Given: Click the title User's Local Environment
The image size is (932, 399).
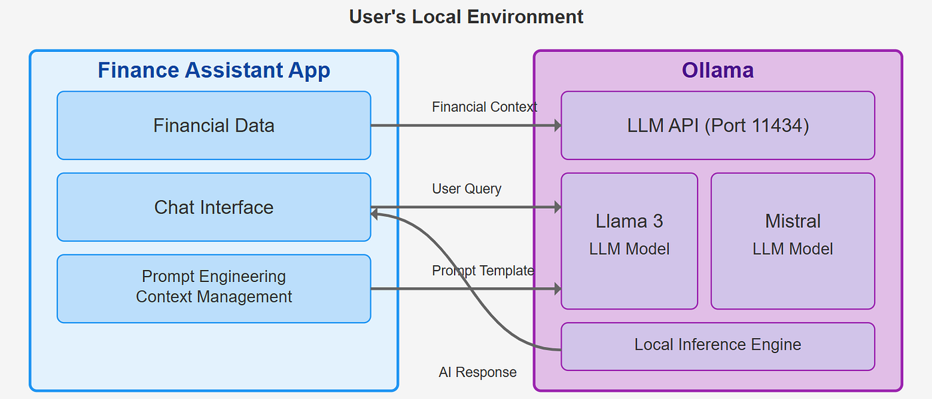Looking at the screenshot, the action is tap(466, 17).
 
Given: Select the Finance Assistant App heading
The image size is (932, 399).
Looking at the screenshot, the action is tap(214, 70).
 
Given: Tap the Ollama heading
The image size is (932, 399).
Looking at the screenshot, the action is tap(718, 70).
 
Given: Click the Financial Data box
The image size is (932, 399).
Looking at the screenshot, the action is tap(214, 126).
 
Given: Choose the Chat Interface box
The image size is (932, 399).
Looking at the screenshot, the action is tap(214, 207).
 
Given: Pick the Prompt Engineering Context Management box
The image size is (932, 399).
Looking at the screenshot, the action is tap(214, 289).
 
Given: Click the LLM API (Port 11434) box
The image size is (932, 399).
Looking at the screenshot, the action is tap(718, 126).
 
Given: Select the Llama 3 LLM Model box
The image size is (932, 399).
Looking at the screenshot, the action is tap(629, 241).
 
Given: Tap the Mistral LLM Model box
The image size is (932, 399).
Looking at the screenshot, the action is tap(793, 241).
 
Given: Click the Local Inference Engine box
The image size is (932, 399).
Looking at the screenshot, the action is tap(718, 346).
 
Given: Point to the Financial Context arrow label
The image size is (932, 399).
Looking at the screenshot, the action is tap(485, 107).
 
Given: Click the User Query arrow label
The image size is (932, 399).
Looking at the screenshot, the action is tap(467, 189).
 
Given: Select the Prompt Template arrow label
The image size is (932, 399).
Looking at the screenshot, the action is tap(483, 271).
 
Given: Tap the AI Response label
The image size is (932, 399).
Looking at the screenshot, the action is tap(478, 372).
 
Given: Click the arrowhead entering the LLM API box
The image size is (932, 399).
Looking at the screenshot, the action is tap(558, 125).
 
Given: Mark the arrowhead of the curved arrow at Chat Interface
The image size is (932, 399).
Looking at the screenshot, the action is tap(374, 214).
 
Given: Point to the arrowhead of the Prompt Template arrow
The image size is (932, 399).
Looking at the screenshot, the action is tap(558, 289).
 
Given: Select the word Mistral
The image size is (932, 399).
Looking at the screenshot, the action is tap(793, 221).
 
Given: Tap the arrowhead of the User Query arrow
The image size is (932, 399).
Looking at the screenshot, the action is tap(558, 207).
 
